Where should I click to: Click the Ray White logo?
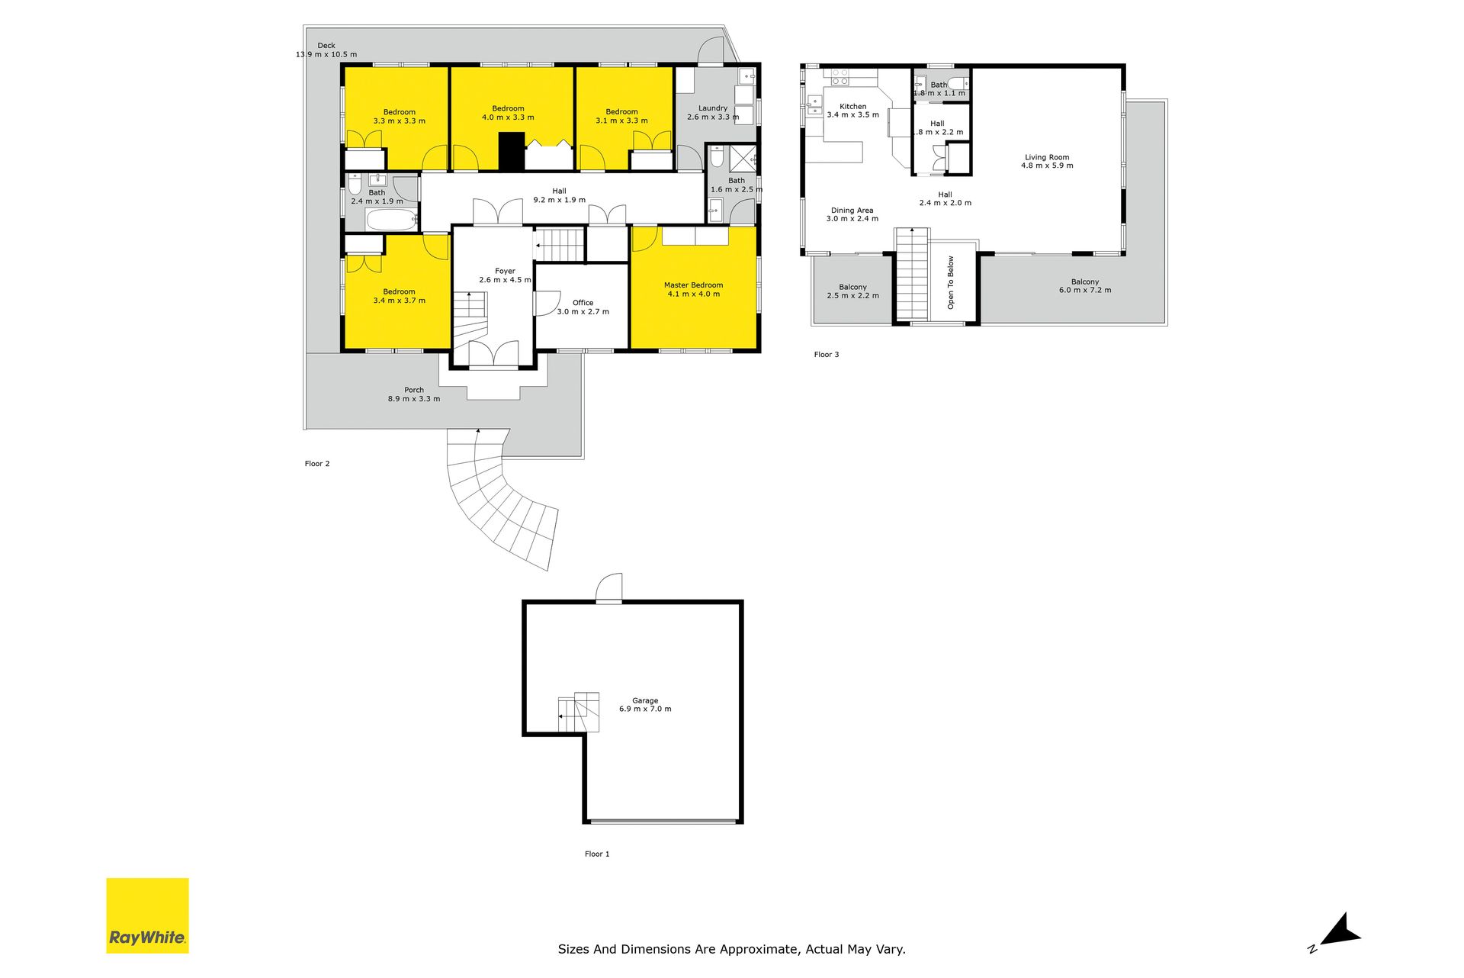pyautogui.click(x=147, y=915)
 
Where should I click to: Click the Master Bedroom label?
pyautogui.click(x=693, y=290)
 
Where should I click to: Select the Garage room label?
pyautogui.click(x=645, y=705)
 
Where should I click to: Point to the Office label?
pyautogui.click(x=583, y=307)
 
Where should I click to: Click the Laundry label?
pyautogui.click(x=713, y=113)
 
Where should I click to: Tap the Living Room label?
pyautogui.click(x=1047, y=162)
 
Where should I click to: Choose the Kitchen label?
pyautogui.click(x=852, y=111)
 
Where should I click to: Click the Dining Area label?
pyautogui.click(x=852, y=214)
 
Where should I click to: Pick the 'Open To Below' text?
pyautogui.click(x=951, y=282)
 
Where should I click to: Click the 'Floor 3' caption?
pyautogui.click(x=827, y=355)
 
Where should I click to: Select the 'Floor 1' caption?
pyautogui.click(x=597, y=854)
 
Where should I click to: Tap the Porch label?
pyautogui.click(x=414, y=394)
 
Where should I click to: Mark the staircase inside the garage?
pyautogui.click(x=579, y=712)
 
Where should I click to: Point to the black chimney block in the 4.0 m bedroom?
pyautogui.click(x=512, y=151)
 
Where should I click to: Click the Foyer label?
pyautogui.click(x=505, y=275)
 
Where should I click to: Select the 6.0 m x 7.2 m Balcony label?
pyautogui.click(x=1085, y=286)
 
